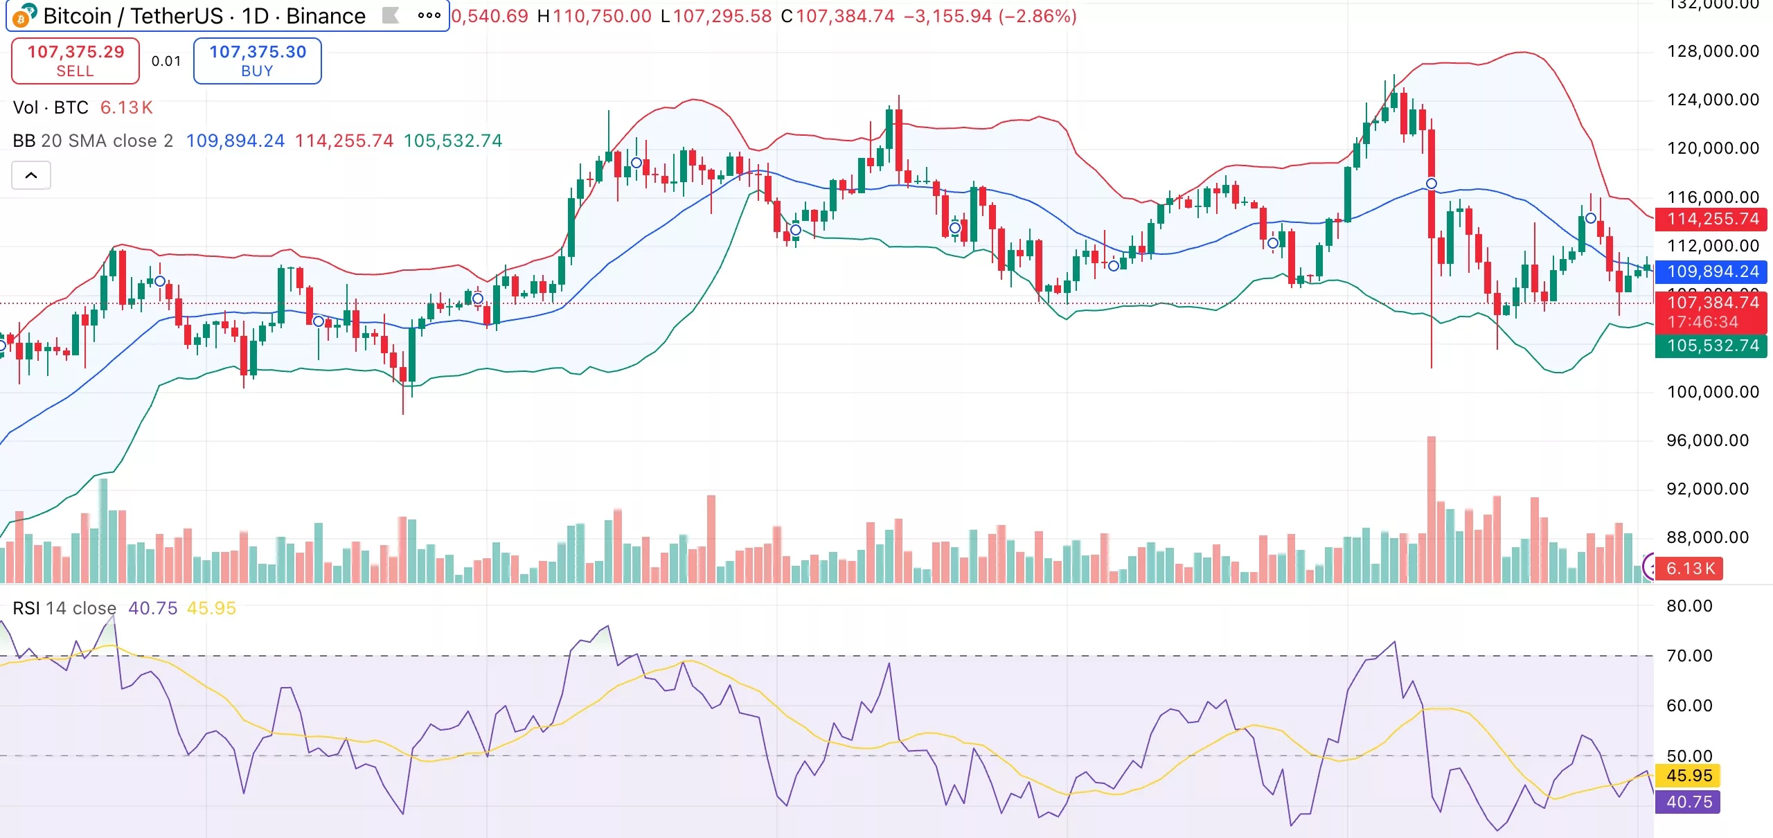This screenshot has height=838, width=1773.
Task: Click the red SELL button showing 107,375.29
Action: click(75, 61)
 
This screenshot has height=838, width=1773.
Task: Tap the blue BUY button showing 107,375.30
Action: click(257, 61)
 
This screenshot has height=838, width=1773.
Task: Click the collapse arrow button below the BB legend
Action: click(31, 175)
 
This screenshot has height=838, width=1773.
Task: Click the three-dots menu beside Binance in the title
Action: click(429, 15)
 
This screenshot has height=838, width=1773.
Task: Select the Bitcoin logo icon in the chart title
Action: click(24, 15)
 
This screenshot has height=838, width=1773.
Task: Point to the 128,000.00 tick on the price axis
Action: click(1713, 51)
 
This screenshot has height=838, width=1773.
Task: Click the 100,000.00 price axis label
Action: click(1713, 392)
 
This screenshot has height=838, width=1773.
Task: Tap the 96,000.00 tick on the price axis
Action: click(1707, 440)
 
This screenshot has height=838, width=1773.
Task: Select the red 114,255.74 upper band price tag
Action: click(1712, 219)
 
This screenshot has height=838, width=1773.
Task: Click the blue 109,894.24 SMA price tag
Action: click(1712, 271)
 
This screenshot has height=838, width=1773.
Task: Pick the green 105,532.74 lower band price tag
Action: click(1712, 346)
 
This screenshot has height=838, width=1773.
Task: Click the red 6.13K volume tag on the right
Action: click(1690, 569)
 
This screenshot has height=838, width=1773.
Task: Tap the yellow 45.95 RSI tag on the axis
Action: click(1689, 776)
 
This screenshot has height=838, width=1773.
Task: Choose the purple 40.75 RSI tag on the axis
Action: click(1689, 802)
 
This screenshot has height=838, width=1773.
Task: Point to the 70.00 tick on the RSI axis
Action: click(1689, 656)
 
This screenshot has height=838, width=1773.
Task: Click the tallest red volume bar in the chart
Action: click(1431, 509)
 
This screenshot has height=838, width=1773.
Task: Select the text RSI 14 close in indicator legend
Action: click(64, 608)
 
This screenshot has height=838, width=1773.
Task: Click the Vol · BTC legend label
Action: click(51, 107)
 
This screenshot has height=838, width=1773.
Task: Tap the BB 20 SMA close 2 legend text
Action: click(93, 141)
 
